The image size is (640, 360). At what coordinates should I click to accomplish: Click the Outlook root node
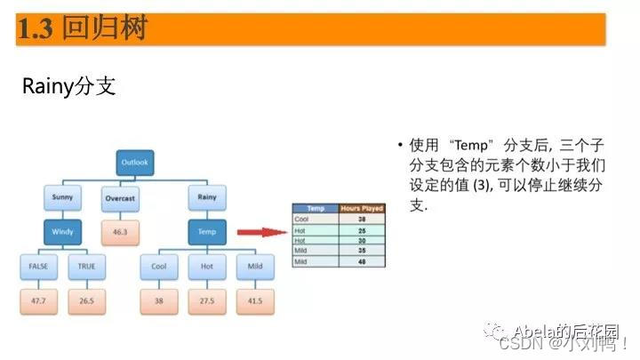coord(135,163)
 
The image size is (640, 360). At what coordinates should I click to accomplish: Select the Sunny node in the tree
coord(62,196)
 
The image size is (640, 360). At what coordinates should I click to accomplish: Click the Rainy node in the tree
coord(207,196)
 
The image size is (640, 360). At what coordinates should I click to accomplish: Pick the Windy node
coord(62,231)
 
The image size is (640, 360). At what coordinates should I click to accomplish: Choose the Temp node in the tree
coord(207,231)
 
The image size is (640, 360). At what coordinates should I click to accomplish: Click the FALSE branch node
coord(38,266)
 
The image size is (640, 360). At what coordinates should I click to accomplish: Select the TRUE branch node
coord(86,266)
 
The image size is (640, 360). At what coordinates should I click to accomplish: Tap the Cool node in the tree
coord(158,266)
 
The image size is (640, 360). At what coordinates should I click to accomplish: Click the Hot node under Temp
coord(207,266)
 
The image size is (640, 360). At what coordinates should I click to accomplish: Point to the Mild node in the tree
coord(255,266)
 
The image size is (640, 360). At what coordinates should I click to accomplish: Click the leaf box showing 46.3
coord(120,231)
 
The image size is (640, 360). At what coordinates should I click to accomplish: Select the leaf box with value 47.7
coord(38,300)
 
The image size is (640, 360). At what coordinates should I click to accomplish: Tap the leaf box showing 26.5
coord(86,300)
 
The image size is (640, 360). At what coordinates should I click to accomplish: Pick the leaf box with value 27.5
coord(207,300)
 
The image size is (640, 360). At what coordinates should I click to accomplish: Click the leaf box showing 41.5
coord(255,300)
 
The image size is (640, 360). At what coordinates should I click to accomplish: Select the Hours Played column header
coord(362,209)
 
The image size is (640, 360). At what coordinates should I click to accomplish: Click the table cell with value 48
coord(362,262)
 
